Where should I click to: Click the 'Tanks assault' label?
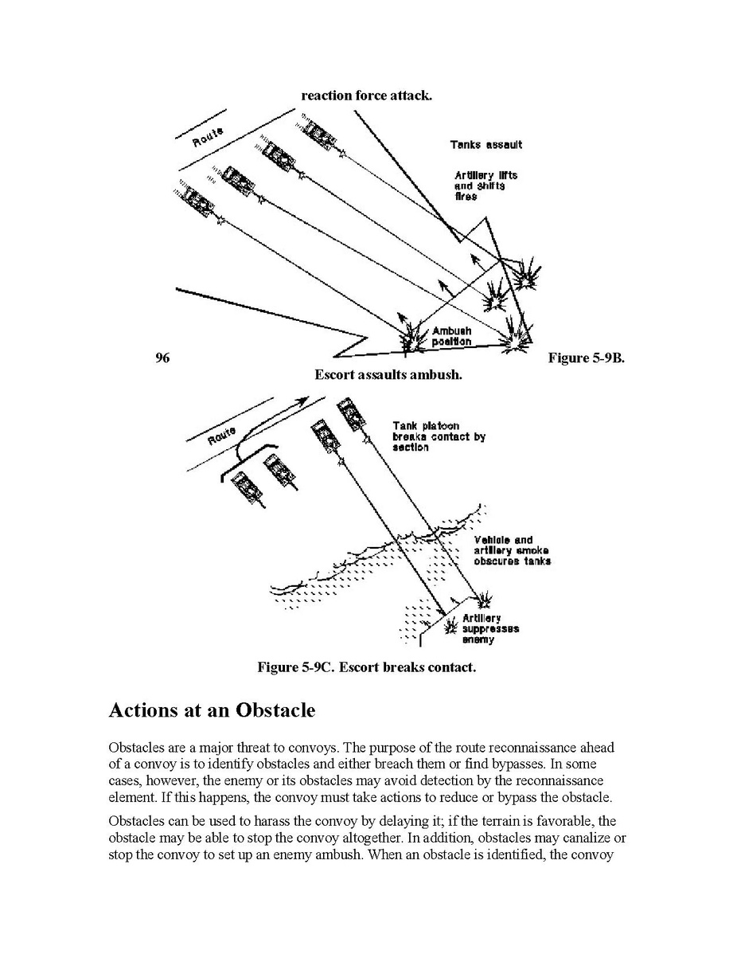[485, 145]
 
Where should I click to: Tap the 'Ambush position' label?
[451, 336]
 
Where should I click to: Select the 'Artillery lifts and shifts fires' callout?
[480, 186]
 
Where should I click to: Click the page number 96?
[162, 358]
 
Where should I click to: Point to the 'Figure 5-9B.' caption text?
[587, 358]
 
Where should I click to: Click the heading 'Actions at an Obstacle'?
[212, 710]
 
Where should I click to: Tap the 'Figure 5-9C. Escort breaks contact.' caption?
[366, 667]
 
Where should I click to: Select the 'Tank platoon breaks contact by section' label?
[438, 436]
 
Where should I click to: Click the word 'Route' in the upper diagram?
[208, 137]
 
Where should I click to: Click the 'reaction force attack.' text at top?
[366, 96]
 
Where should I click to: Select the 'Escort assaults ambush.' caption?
[388, 373]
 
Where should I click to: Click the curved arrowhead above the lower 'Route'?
[302, 399]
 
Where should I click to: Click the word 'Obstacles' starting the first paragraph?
[134, 749]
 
